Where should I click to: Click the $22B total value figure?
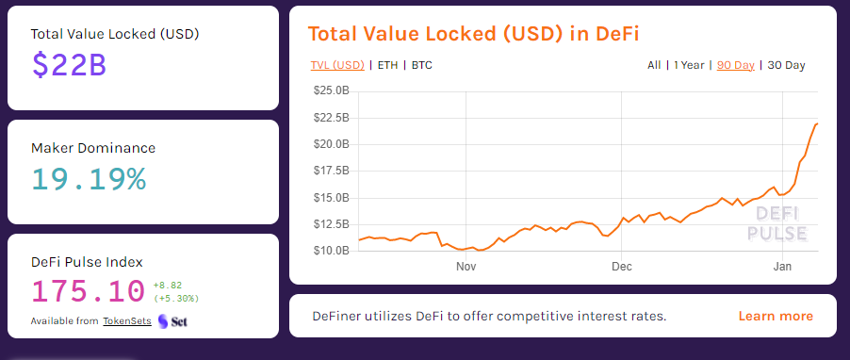click(x=68, y=65)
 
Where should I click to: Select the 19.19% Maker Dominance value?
click(x=89, y=178)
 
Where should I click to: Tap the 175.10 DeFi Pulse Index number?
click(x=89, y=290)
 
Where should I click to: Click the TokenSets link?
click(x=127, y=321)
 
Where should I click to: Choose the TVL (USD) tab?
click(x=337, y=65)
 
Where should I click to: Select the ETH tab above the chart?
click(x=387, y=65)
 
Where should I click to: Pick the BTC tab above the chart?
click(x=422, y=65)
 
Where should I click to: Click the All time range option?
click(x=654, y=65)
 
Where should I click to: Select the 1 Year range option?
click(x=689, y=65)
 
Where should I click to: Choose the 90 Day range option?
click(x=735, y=65)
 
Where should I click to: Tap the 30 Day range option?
click(x=786, y=65)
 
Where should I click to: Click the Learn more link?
click(x=776, y=316)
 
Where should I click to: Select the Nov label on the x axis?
click(x=466, y=267)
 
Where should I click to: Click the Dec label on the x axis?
click(x=621, y=267)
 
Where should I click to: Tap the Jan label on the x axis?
click(x=781, y=267)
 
